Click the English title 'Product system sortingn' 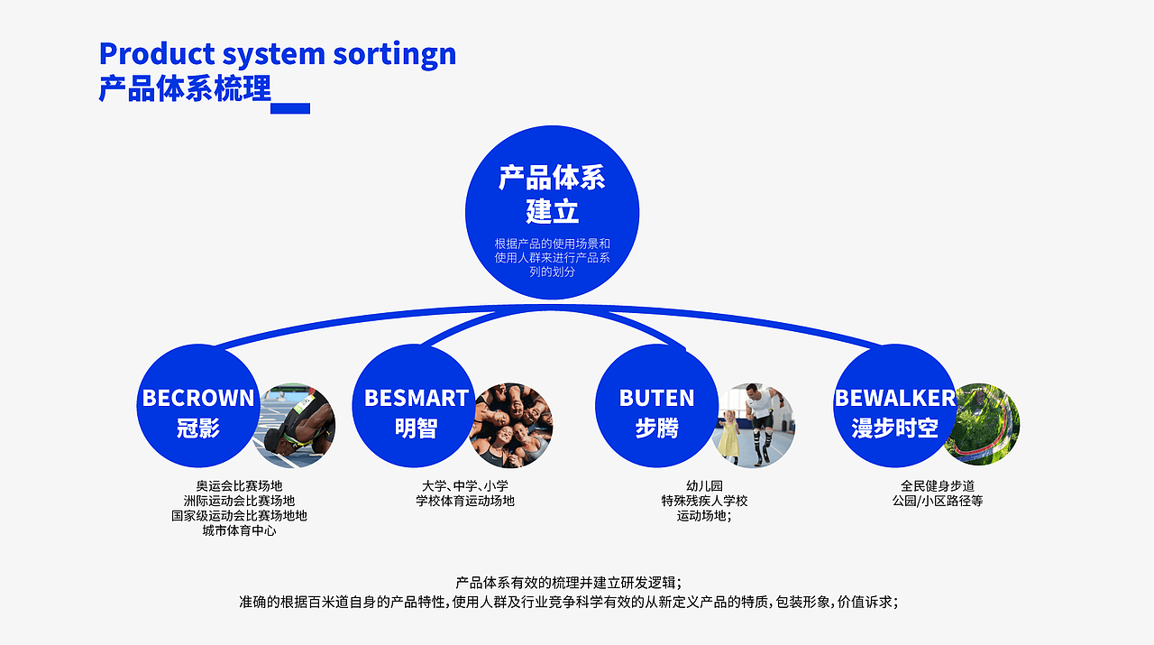pos(277,54)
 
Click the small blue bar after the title pos(290,108)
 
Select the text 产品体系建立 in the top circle pos(552,195)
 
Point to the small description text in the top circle pos(552,257)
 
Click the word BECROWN pos(198,398)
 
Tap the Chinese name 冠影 pos(198,428)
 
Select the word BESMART pos(417,398)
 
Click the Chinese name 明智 pos(416,428)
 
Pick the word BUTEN pos(656,398)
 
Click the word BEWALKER pos(894,398)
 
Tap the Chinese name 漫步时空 pos(894,428)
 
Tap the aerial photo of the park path pos(983,424)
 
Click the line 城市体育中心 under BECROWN pos(239,531)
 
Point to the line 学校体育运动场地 pos(464,501)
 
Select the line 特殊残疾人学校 pos(704,501)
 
